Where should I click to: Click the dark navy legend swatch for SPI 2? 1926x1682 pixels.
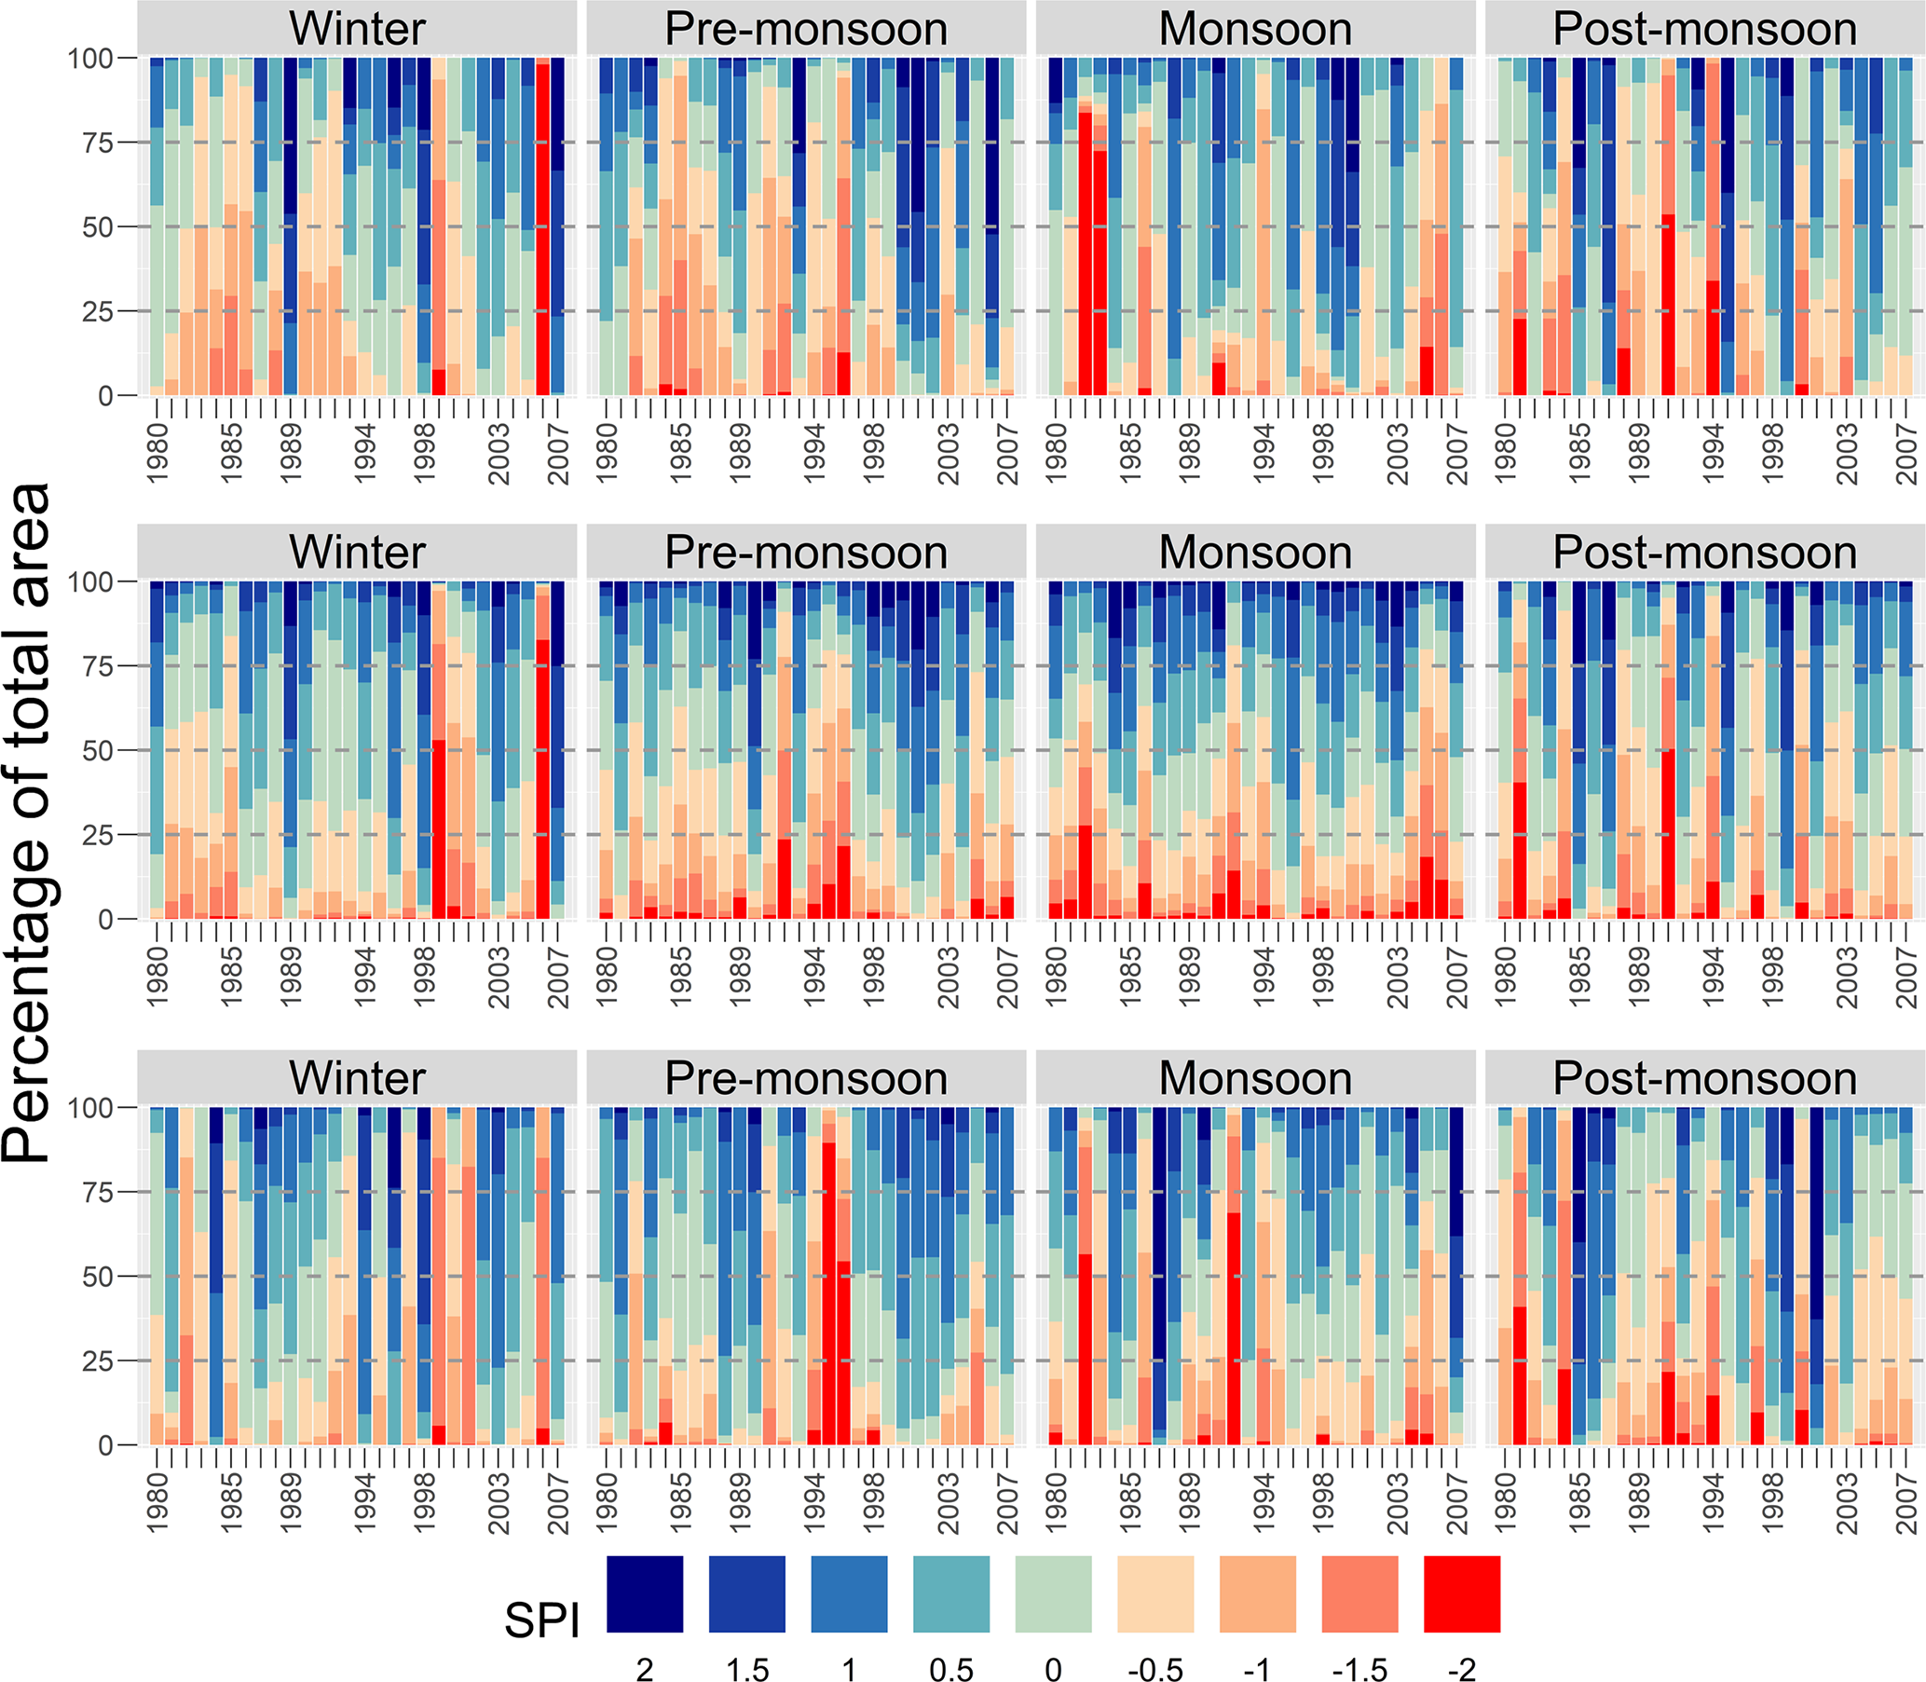(x=645, y=1593)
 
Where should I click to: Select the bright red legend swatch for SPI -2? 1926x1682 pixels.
(x=1461, y=1593)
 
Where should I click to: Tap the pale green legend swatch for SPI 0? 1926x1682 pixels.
(x=1053, y=1593)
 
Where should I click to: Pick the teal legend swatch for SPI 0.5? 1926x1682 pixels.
(x=950, y=1593)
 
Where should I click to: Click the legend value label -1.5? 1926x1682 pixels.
(x=1359, y=1668)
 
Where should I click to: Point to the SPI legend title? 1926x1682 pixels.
(x=541, y=1620)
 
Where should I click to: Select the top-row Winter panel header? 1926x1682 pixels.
(x=357, y=28)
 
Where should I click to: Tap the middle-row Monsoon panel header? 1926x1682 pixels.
(x=1255, y=552)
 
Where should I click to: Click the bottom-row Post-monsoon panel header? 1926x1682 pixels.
(x=1704, y=1077)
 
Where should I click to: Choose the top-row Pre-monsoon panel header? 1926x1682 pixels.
(x=806, y=28)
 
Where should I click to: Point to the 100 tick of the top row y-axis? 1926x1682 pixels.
(x=90, y=58)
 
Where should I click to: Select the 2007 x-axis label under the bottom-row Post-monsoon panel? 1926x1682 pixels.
(x=1906, y=1503)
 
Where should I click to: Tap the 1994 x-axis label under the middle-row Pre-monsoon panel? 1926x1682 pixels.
(x=813, y=978)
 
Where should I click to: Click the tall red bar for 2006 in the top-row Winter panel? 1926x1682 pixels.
(x=542, y=226)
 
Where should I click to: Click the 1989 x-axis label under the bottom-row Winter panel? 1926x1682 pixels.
(x=291, y=1503)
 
